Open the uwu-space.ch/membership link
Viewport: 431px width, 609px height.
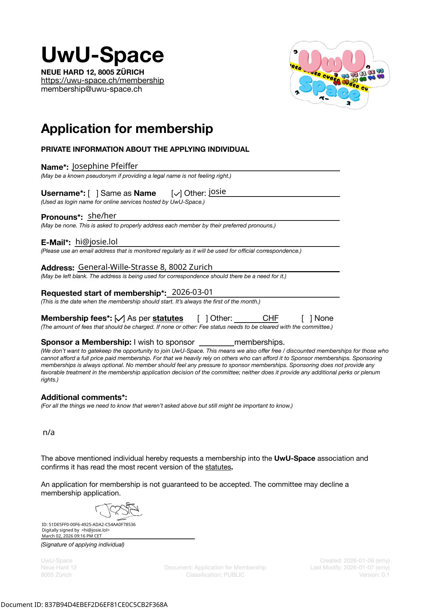[x=102, y=81]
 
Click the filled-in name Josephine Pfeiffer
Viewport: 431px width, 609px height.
[x=105, y=166]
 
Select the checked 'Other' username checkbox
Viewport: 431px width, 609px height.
[x=176, y=193]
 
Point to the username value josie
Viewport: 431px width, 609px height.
[x=217, y=192]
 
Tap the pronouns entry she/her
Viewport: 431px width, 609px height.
[x=102, y=216]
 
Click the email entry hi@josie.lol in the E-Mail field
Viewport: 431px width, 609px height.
[x=97, y=242]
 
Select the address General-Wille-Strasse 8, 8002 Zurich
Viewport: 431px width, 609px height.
[x=145, y=267]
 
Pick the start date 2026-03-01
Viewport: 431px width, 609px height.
[x=192, y=292]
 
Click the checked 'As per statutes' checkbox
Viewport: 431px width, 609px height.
[x=120, y=318]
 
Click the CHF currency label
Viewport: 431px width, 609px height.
[x=270, y=318]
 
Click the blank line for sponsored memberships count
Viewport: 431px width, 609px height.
[x=217, y=343]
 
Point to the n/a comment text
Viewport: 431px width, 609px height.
[x=49, y=433]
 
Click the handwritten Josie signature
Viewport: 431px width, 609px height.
[x=118, y=510]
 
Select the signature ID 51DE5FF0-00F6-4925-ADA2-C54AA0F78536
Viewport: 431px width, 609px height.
[x=89, y=525]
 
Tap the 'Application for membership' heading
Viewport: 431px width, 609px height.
[x=127, y=129]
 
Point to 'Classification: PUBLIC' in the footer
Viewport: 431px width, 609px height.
[x=215, y=575]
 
